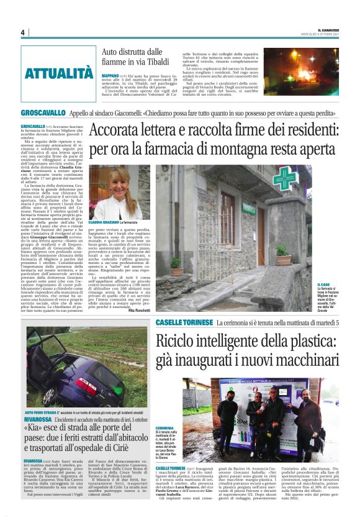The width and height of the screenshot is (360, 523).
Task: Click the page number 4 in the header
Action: pos(22,32)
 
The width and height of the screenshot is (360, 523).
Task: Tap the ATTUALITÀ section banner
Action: pos(59,73)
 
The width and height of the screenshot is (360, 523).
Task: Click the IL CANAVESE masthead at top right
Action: pos(329,29)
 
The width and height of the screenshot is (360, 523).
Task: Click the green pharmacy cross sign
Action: pos(285,178)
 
